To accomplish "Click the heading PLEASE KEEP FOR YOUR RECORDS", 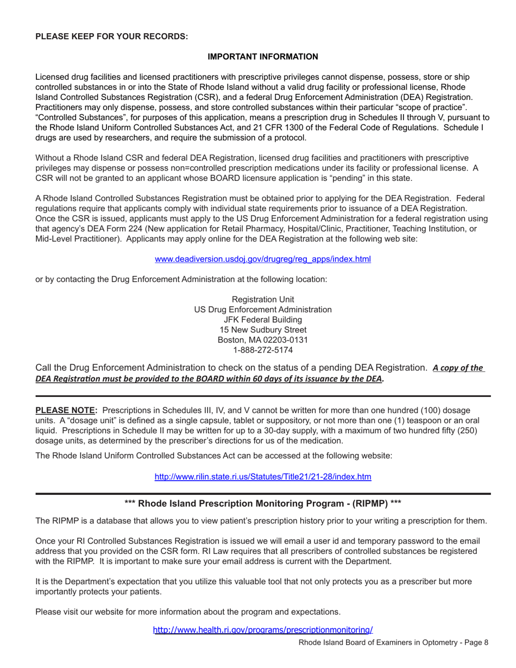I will point(111,36).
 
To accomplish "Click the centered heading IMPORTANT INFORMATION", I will point(263,56).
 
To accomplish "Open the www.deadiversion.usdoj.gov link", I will point(263,259).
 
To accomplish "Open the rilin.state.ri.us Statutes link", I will point(263,477).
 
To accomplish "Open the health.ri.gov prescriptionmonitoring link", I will point(263,630).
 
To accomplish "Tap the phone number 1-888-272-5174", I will point(263,350).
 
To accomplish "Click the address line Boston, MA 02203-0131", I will point(263,340).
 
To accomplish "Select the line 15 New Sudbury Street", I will point(263,330).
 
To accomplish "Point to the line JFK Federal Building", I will point(263,319).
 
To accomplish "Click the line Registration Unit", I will point(263,299).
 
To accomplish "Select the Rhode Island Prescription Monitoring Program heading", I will point(263,503).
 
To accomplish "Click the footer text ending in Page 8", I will point(394,642).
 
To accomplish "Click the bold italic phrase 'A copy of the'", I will point(457,368).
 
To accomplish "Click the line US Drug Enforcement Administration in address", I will point(263,310).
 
